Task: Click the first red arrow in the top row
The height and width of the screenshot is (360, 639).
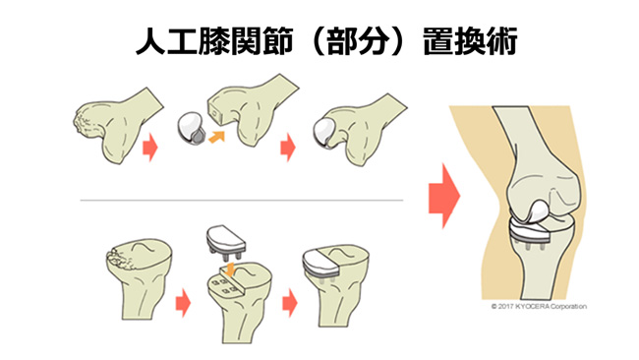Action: click(x=150, y=149)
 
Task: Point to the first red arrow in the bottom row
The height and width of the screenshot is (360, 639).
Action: click(x=184, y=297)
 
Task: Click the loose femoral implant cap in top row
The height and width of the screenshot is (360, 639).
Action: click(x=191, y=126)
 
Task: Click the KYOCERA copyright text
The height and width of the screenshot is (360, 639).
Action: click(x=538, y=306)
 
